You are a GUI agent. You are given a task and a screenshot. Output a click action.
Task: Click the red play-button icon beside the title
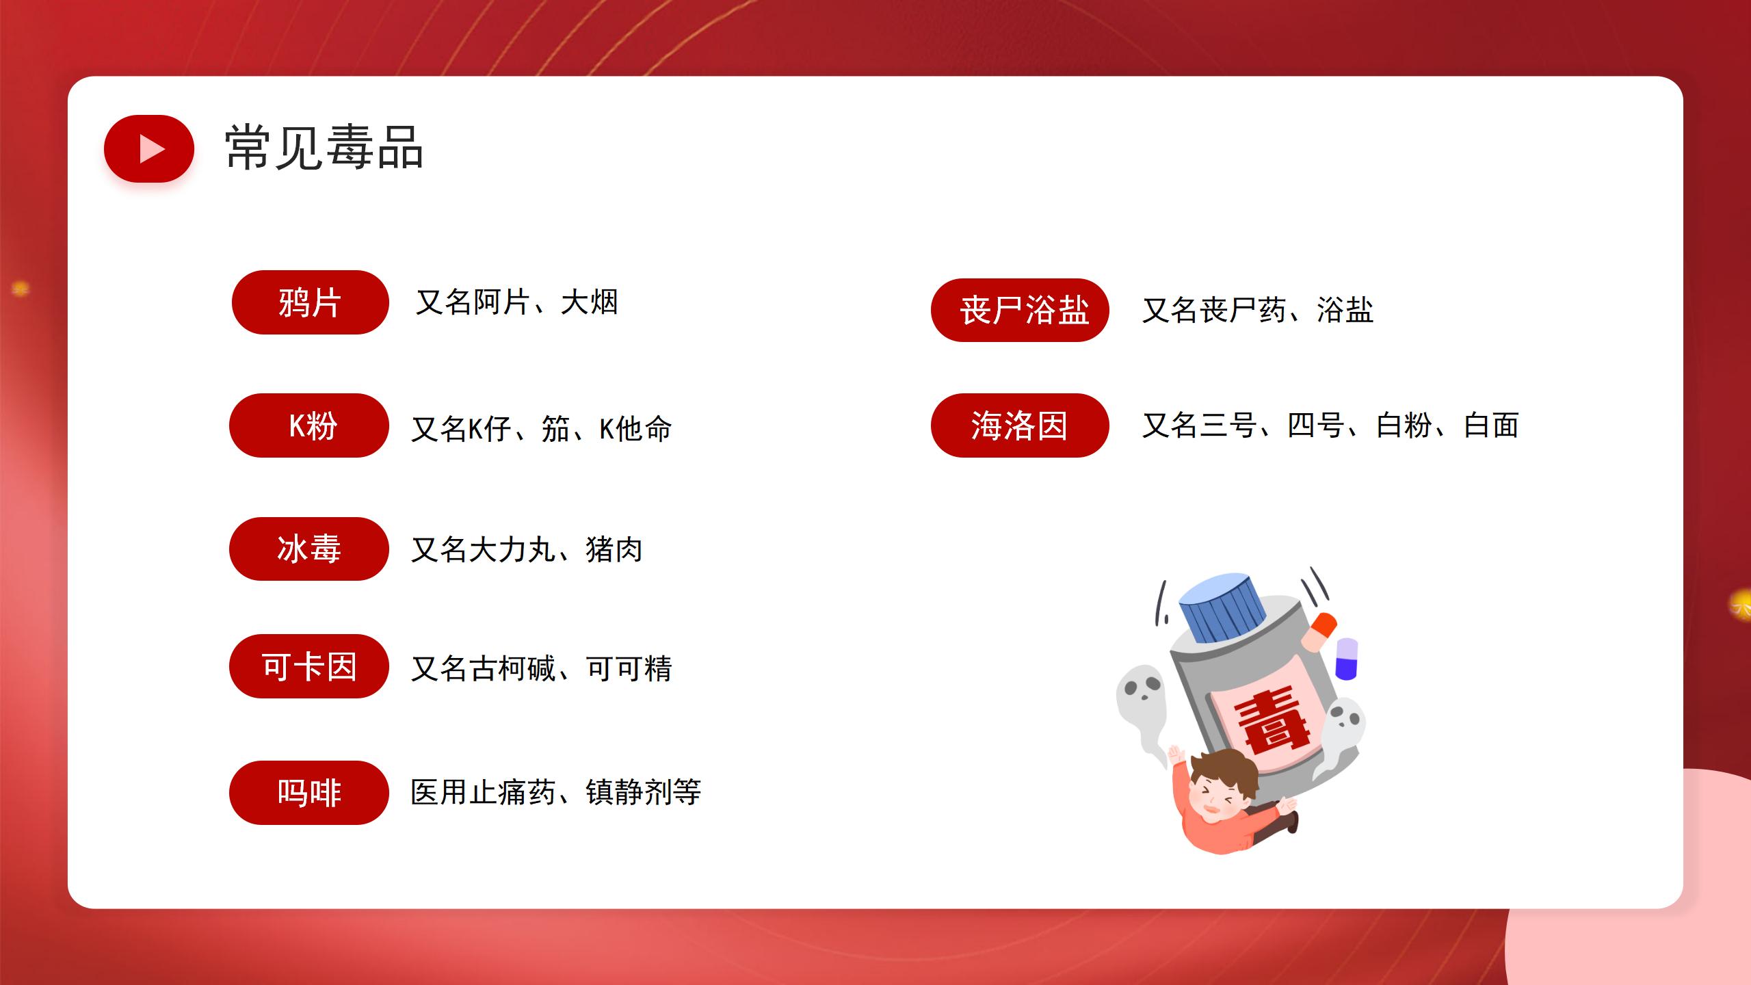(x=149, y=148)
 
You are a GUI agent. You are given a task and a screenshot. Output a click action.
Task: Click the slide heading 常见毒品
(x=324, y=147)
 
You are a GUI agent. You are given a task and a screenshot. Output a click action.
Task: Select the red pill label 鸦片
(x=311, y=302)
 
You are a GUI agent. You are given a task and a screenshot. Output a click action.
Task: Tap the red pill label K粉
(x=309, y=425)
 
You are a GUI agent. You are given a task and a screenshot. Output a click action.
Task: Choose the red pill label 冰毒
(x=309, y=549)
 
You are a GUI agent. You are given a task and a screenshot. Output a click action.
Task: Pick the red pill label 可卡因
(x=309, y=666)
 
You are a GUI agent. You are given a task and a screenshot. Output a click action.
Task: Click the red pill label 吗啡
(x=309, y=793)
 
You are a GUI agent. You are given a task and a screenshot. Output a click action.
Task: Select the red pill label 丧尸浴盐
(x=1020, y=310)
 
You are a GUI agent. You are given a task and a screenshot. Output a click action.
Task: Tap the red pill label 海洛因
(x=1020, y=425)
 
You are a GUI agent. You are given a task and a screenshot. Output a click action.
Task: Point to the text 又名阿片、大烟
(x=517, y=302)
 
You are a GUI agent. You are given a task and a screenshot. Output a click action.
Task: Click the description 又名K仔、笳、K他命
(x=542, y=429)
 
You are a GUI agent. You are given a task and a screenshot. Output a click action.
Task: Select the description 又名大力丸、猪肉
(x=527, y=549)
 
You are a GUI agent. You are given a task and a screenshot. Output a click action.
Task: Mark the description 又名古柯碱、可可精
(x=542, y=668)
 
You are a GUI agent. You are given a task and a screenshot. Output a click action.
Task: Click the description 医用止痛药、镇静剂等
(x=556, y=792)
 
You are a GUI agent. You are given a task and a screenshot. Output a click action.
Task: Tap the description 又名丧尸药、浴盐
(x=1258, y=310)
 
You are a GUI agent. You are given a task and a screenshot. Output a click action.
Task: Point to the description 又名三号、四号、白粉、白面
(x=1330, y=425)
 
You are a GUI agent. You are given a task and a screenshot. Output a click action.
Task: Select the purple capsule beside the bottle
(x=1346, y=659)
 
